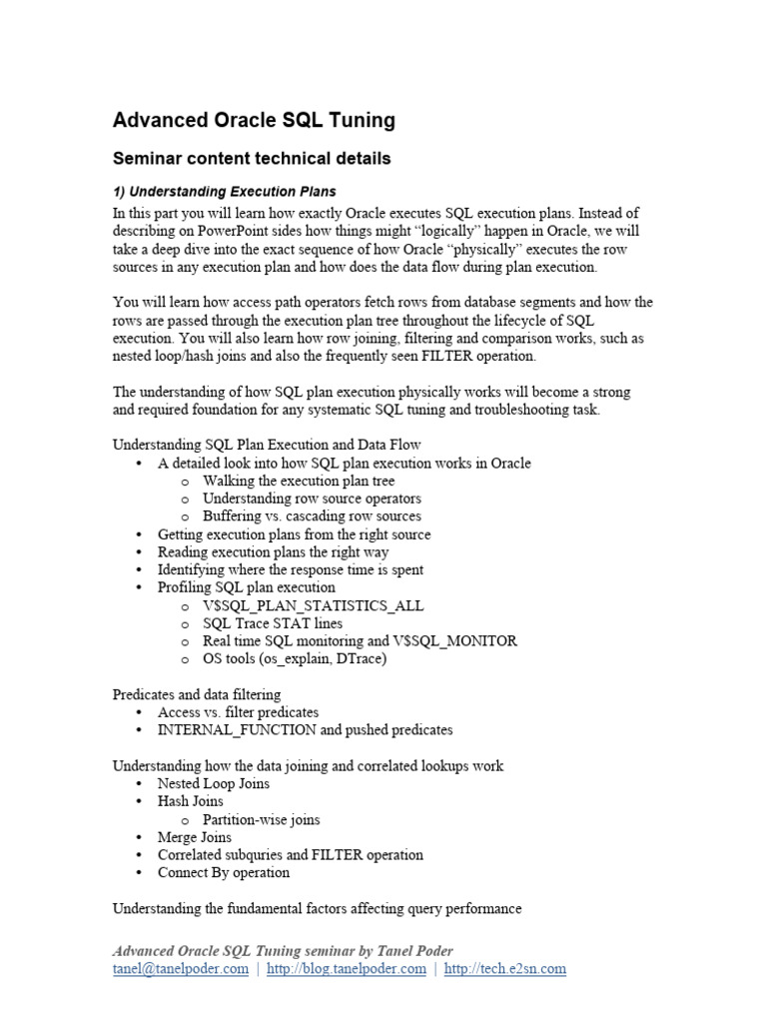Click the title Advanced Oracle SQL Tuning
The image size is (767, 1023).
click(254, 121)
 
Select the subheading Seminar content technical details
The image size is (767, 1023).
click(251, 159)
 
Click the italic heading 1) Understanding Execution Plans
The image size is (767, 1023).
click(224, 191)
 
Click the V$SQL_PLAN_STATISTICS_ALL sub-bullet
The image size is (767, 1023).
click(313, 605)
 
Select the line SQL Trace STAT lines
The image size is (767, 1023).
click(272, 623)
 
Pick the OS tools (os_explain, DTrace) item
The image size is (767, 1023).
click(294, 658)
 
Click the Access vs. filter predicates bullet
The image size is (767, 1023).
click(238, 712)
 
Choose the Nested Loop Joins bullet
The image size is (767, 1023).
click(214, 784)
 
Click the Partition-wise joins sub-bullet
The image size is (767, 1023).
click(261, 819)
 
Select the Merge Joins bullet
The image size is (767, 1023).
click(195, 837)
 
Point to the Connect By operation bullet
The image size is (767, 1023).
click(224, 872)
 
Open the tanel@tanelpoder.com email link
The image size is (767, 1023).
click(180, 969)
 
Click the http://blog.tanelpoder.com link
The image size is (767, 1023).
click(345, 969)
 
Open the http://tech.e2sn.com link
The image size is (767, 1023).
click(505, 969)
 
